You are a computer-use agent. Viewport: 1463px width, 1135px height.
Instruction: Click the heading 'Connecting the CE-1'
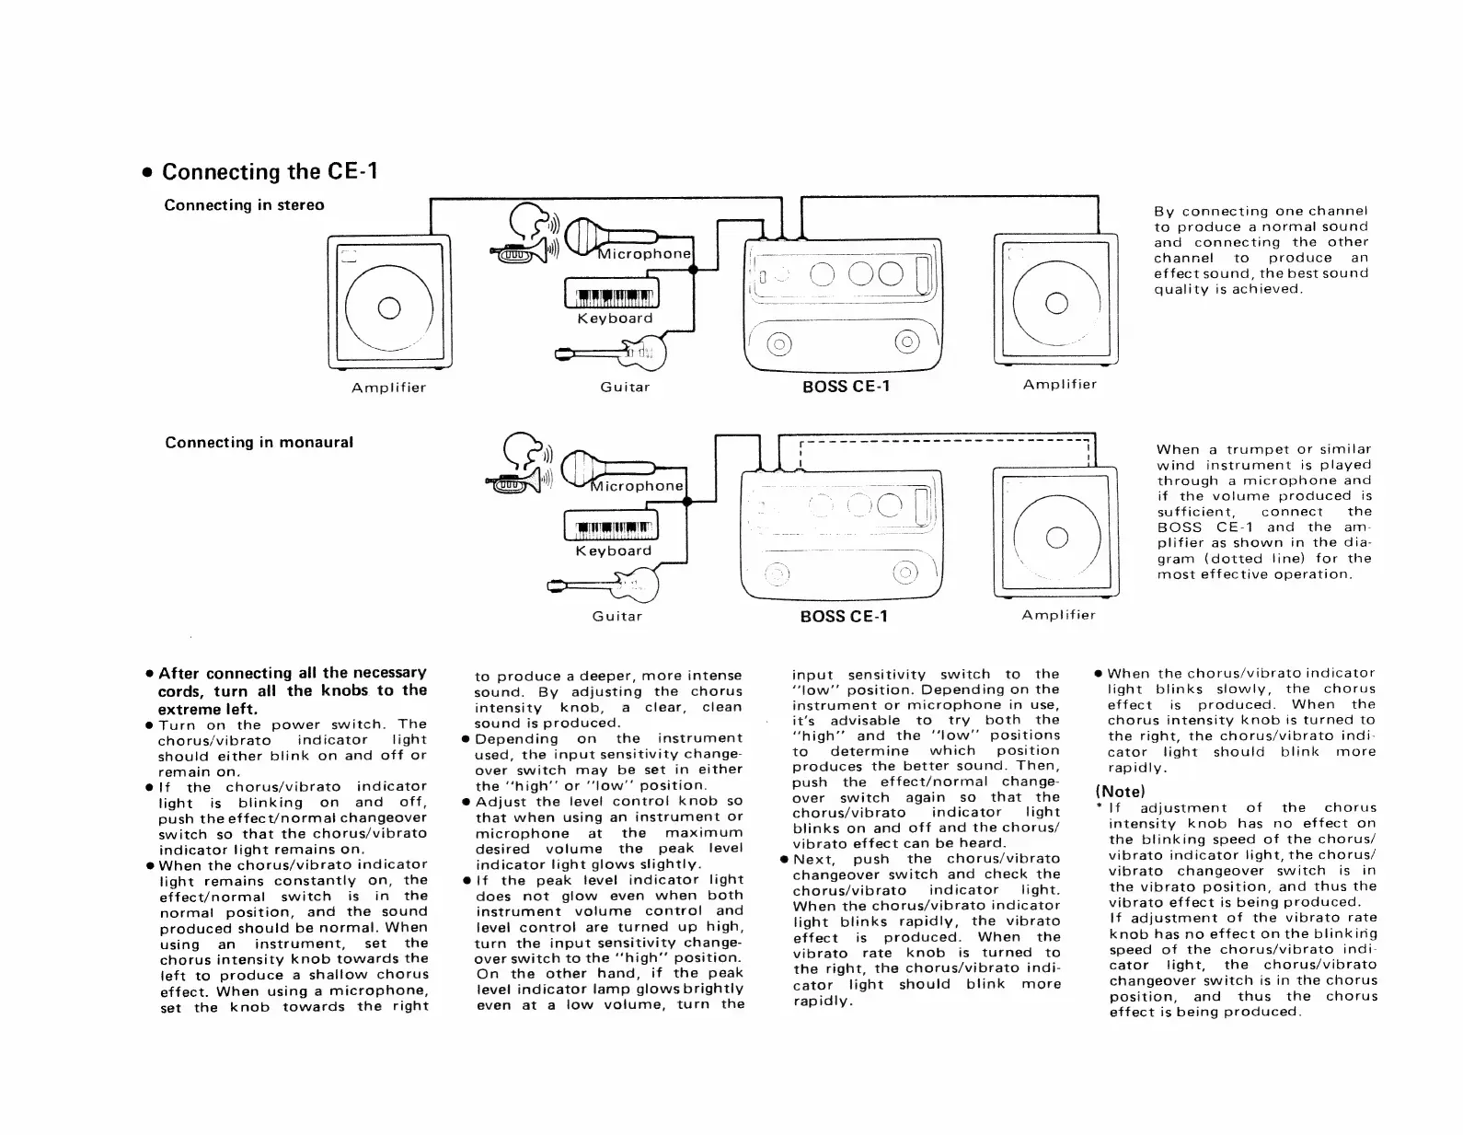pyautogui.click(x=270, y=172)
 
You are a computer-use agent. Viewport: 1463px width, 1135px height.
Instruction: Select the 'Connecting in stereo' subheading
pyautogui.click(x=244, y=205)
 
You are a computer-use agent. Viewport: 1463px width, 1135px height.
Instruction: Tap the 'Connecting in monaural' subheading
pyautogui.click(x=259, y=443)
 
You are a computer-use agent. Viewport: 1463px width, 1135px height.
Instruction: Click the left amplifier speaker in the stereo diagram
pyautogui.click(x=389, y=305)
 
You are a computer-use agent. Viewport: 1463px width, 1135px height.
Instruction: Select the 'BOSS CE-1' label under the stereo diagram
pyautogui.click(x=846, y=387)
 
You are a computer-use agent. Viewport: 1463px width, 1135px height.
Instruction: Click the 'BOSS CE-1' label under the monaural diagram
pyautogui.click(x=844, y=616)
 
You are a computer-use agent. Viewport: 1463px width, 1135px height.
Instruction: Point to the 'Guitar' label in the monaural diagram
pyautogui.click(x=616, y=616)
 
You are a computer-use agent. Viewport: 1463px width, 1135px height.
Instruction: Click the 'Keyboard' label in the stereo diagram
pyautogui.click(x=615, y=318)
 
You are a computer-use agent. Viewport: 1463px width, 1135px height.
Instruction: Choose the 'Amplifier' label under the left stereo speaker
pyautogui.click(x=388, y=388)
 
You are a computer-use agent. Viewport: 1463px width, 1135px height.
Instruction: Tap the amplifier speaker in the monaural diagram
pyautogui.click(x=1055, y=536)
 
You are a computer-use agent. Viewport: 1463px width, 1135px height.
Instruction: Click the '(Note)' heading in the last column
pyautogui.click(x=1120, y=792)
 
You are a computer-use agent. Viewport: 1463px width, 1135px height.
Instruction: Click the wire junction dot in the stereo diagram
pyautogui.click(x=694, y=270)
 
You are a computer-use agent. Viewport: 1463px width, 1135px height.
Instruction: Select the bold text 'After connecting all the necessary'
pyautogui.click(x=293, y=673)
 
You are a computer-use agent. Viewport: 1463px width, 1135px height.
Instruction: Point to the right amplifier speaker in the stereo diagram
pyautogui.click(x=1055, y=302)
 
